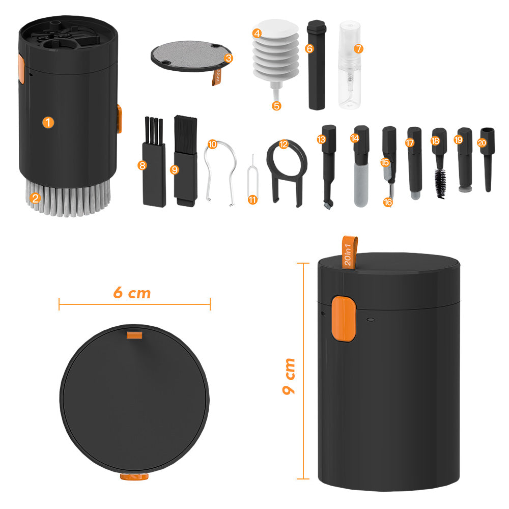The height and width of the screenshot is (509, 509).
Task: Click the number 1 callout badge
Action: click(x=48, y=123)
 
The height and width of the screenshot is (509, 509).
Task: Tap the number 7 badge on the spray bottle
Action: click(x=358, y=49)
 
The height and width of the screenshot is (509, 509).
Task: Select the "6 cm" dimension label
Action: click(x=132, y=293)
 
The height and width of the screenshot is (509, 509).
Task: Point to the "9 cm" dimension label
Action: click(x=289, y=376)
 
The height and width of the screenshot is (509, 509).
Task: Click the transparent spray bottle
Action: click(x=349, y=65)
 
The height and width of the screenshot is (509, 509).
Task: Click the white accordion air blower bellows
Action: click(x=275, y=50)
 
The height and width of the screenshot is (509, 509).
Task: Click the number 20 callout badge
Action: click(x=482, y=143)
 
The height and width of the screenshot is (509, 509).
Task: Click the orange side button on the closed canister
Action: click(x=344, y=319)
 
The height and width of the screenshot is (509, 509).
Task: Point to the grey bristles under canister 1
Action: click(x=68, y=198)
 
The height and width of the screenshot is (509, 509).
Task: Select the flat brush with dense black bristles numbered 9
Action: click(x=186, y=161)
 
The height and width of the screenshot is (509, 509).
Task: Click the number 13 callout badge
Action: click(x=321, y=139)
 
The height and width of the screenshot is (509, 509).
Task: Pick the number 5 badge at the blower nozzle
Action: click(x=276, y=106)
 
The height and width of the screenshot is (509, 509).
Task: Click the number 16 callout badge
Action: click(x=388, y=202)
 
